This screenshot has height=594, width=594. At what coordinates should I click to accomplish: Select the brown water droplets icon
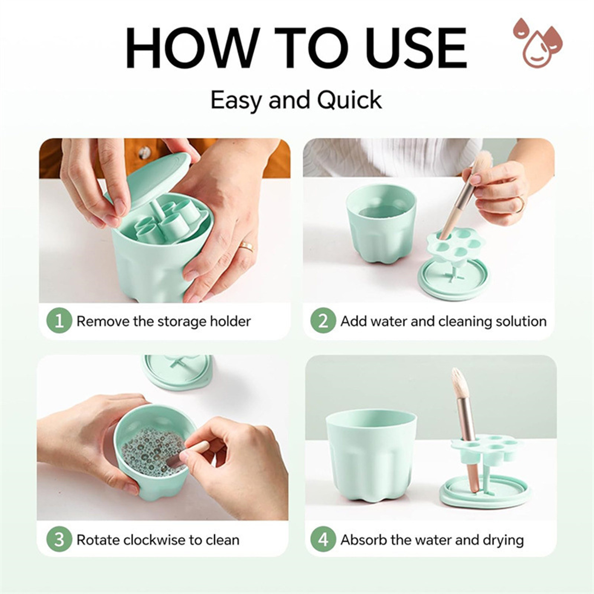[538, 43]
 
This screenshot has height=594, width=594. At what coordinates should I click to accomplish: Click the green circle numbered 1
[59, 321]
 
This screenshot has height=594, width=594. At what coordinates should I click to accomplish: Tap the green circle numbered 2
[323, 321]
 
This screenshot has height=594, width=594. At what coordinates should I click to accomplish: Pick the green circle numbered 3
[59, 539]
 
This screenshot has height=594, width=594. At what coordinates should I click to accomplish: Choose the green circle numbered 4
[323, 539]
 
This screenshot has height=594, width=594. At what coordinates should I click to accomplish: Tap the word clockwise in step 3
[161, 540]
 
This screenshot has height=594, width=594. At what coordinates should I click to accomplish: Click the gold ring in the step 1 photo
[247, 247]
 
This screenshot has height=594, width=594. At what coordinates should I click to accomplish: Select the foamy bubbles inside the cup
[153, 451]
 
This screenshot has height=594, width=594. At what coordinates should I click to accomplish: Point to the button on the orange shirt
[144, 153]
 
